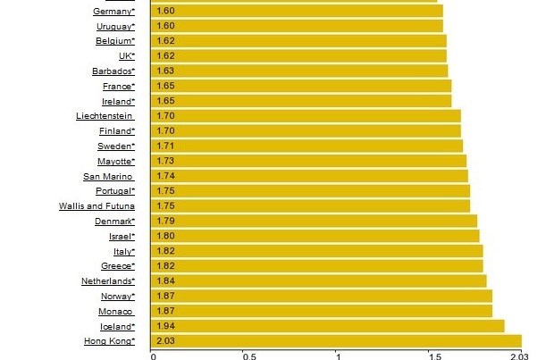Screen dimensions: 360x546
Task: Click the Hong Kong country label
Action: click(110, 341)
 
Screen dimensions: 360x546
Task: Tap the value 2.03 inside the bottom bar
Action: click(164, 341)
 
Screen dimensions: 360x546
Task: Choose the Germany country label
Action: click(113, 11)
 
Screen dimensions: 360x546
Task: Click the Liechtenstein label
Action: click(105, 116)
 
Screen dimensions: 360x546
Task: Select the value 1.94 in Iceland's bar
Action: click(164, 326)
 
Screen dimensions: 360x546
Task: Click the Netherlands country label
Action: click(108, 281)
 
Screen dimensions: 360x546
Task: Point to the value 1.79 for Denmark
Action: click(164, 221)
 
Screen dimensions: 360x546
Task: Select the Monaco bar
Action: click(321, 311)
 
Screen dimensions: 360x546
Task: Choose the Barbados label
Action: click(113, 71)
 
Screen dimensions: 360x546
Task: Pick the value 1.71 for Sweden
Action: click(164, 146)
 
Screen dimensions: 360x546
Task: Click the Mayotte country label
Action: click(116, 161)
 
